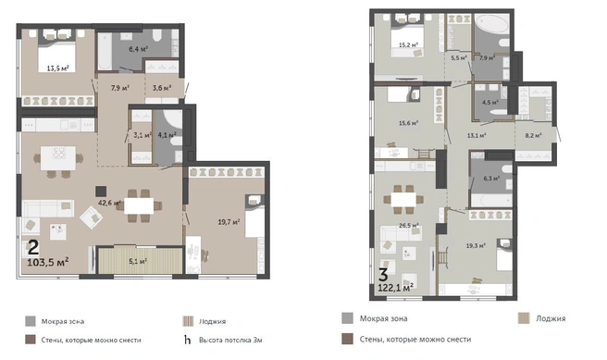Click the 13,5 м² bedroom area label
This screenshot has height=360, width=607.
[58, 68]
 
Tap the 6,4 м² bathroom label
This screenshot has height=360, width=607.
[138, 49]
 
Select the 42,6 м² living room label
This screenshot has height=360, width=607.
[109, 203]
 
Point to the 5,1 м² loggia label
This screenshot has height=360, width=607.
[138, 261]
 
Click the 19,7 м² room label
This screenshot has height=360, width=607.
[229, 222]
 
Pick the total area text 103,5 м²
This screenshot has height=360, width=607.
[48, 263]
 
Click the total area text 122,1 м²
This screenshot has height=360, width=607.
[396, 287]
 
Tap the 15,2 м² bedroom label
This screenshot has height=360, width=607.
[408, 45]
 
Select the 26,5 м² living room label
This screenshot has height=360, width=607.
[409, 225]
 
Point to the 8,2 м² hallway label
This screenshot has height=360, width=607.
[533, 135]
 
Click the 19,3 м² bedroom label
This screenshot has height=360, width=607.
[476, 245]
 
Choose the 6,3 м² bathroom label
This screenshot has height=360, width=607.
[491, 179]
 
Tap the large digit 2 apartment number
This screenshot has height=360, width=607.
[33, 248]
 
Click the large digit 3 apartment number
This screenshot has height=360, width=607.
[383, 275]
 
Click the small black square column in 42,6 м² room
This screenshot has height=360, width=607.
[101, 192]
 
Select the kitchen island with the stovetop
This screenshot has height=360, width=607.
[58, 158]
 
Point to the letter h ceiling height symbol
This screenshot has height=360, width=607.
[187, 340]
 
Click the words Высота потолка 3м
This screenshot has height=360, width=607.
[230, 341]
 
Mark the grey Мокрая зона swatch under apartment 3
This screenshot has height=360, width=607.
[347, 318]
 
